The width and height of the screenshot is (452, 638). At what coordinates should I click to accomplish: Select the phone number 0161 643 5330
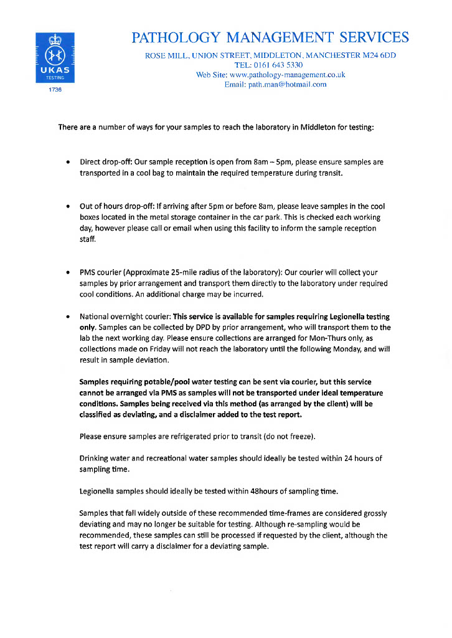[277, 65]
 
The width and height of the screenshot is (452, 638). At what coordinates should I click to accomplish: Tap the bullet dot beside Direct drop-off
[67, 163]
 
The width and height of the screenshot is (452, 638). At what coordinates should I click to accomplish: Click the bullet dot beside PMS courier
[67, 273]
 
